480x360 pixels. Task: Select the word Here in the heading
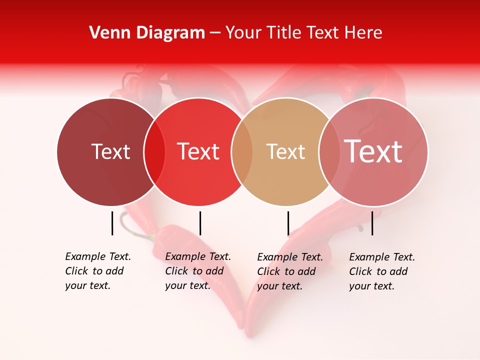tap(363, 33)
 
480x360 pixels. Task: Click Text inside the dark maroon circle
tap(110, 151)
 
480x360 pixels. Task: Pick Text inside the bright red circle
tap(198, 151)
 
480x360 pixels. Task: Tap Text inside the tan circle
tap(285, 151)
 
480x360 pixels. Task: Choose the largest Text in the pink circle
tap(373, 151)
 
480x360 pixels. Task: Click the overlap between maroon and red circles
tap(154, 152)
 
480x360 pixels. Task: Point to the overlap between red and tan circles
tap(242, 152)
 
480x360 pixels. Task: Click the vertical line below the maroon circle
tap(112, 223)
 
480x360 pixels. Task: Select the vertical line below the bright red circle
tap(200, 223)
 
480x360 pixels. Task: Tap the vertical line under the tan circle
tap(288, 223)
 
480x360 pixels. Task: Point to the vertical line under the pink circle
tap(372, 223)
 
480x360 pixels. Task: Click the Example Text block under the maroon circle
tap(97, 271)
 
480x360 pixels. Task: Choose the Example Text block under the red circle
tap(197, 271)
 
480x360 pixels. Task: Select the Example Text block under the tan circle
tap(289, 271)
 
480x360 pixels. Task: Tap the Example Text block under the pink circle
tap(381, 271)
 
